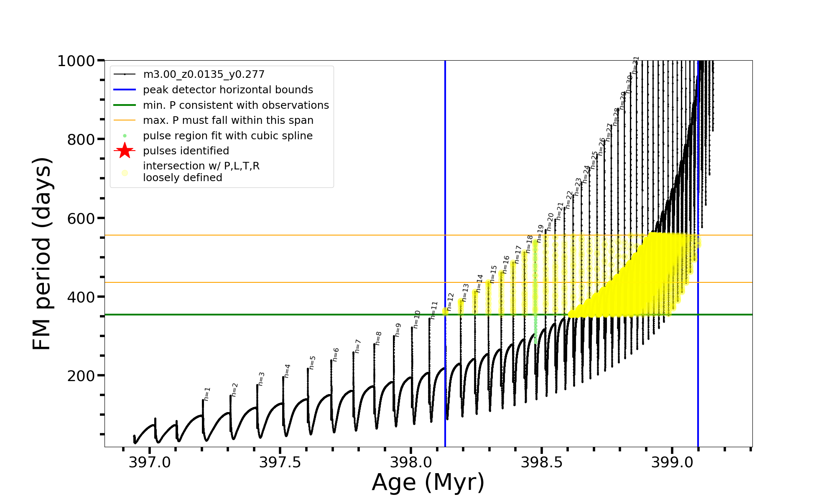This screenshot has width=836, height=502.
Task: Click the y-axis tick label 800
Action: coord(81,140)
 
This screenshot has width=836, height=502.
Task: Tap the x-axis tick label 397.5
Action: coord(280,462)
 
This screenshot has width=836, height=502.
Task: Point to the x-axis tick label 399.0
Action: coord(672,462)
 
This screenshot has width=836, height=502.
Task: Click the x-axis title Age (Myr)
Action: coord(428,482)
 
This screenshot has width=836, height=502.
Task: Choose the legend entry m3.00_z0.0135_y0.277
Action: coord(204,74)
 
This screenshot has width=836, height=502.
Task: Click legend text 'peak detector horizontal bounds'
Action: coord(228,90)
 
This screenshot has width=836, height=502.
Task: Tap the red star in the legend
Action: coord(125,151)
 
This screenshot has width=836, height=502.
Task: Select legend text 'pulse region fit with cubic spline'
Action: coord(228,136)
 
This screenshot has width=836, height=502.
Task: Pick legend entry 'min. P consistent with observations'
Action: coord(236,105)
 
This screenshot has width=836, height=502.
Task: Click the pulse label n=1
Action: coord(207,394)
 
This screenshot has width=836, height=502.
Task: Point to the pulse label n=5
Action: coord(313,363)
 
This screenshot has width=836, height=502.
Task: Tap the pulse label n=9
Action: coord(398,330)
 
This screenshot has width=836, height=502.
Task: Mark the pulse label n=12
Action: coord(450,302)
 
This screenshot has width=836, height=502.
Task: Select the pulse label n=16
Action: coord(506,265)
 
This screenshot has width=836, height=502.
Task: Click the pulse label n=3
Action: coord(261,379)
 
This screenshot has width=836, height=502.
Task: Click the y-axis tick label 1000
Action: coord(76,61)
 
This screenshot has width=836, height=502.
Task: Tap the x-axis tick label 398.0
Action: coord(411,462)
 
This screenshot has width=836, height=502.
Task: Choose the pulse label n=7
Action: coord(358,346)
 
